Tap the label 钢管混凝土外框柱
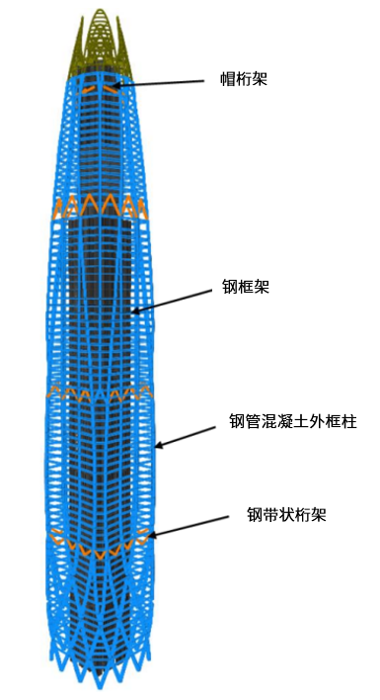pyautogui.click(x=292, y=422)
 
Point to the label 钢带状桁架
pyautogui.click(x=286, y=514)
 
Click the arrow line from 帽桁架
pyautogui.click(x=168, y=83)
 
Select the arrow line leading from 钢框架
pyautogui.click(x=183, y=301)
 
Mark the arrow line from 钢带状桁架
pyautogui.click(x=197, y=524)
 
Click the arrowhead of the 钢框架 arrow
pyautogui.click(x=136, y=312)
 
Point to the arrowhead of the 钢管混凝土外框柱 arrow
pyautogui.click(x=158, y=446)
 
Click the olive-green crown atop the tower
pyautogui.click(x=99, y=44)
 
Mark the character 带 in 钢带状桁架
pyautogui.click(x=270, y=514)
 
